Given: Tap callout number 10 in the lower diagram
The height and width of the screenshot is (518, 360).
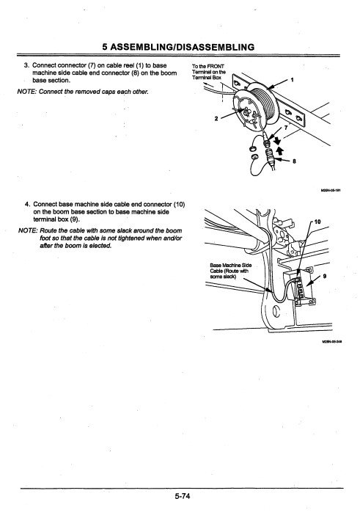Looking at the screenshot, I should coord(317,221).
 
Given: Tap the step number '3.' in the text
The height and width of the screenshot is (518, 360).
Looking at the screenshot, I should coord(26,65).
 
